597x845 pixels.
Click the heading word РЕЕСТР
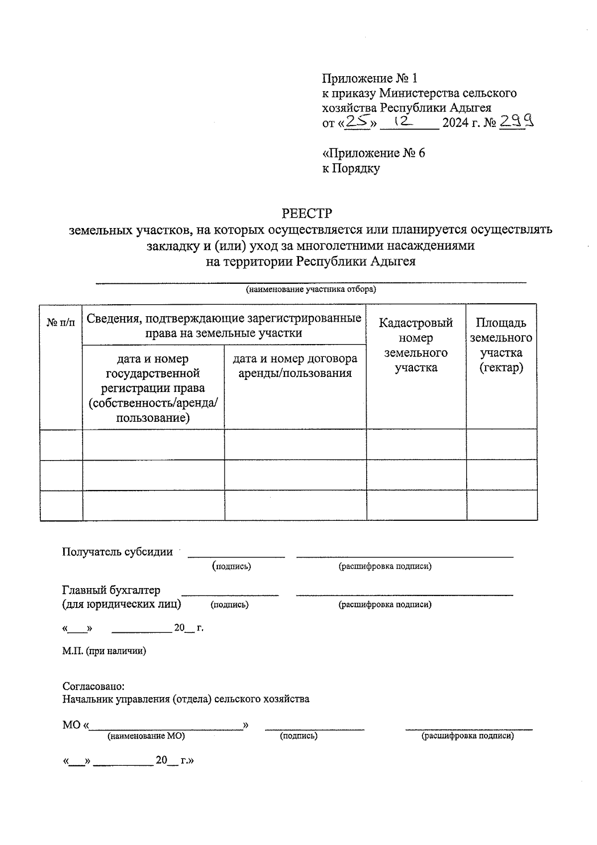[x=306, y=214]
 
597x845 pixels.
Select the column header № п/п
[x=61, y=323]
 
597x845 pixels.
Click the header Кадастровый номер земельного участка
[x=416, y=345]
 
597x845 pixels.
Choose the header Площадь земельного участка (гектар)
[x=501, y=345]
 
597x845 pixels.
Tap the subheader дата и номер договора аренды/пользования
[x=295, y=366]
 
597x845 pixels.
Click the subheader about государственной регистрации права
[x=153, y=388]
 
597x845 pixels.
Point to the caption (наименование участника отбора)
[x=311, y=289]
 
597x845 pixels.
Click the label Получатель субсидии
[x=117, y=552]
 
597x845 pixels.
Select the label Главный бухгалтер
[x=111, y=590]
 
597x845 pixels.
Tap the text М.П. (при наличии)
[x=104, y=651]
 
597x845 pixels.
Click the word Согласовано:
[x=93, y=686]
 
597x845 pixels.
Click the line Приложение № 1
[x=370, y=78]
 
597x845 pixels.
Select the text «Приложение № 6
[x=374, y=153]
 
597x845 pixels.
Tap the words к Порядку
[x=351, y=168]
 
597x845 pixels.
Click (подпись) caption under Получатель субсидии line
[x=231, y=566]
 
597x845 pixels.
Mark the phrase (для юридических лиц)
[x=121, y=604]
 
